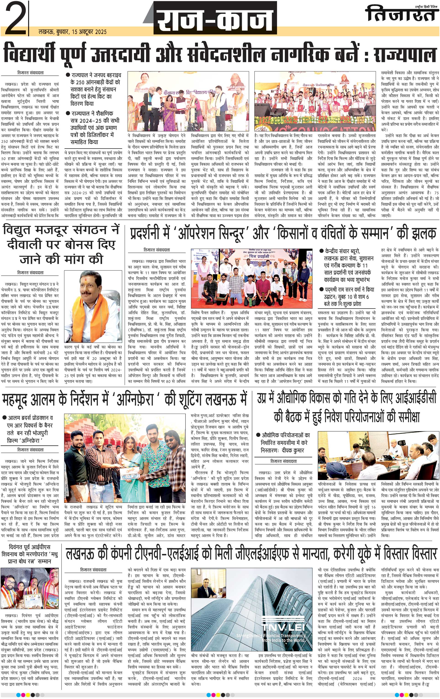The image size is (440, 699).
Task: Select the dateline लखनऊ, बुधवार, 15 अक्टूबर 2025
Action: point(72,32)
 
